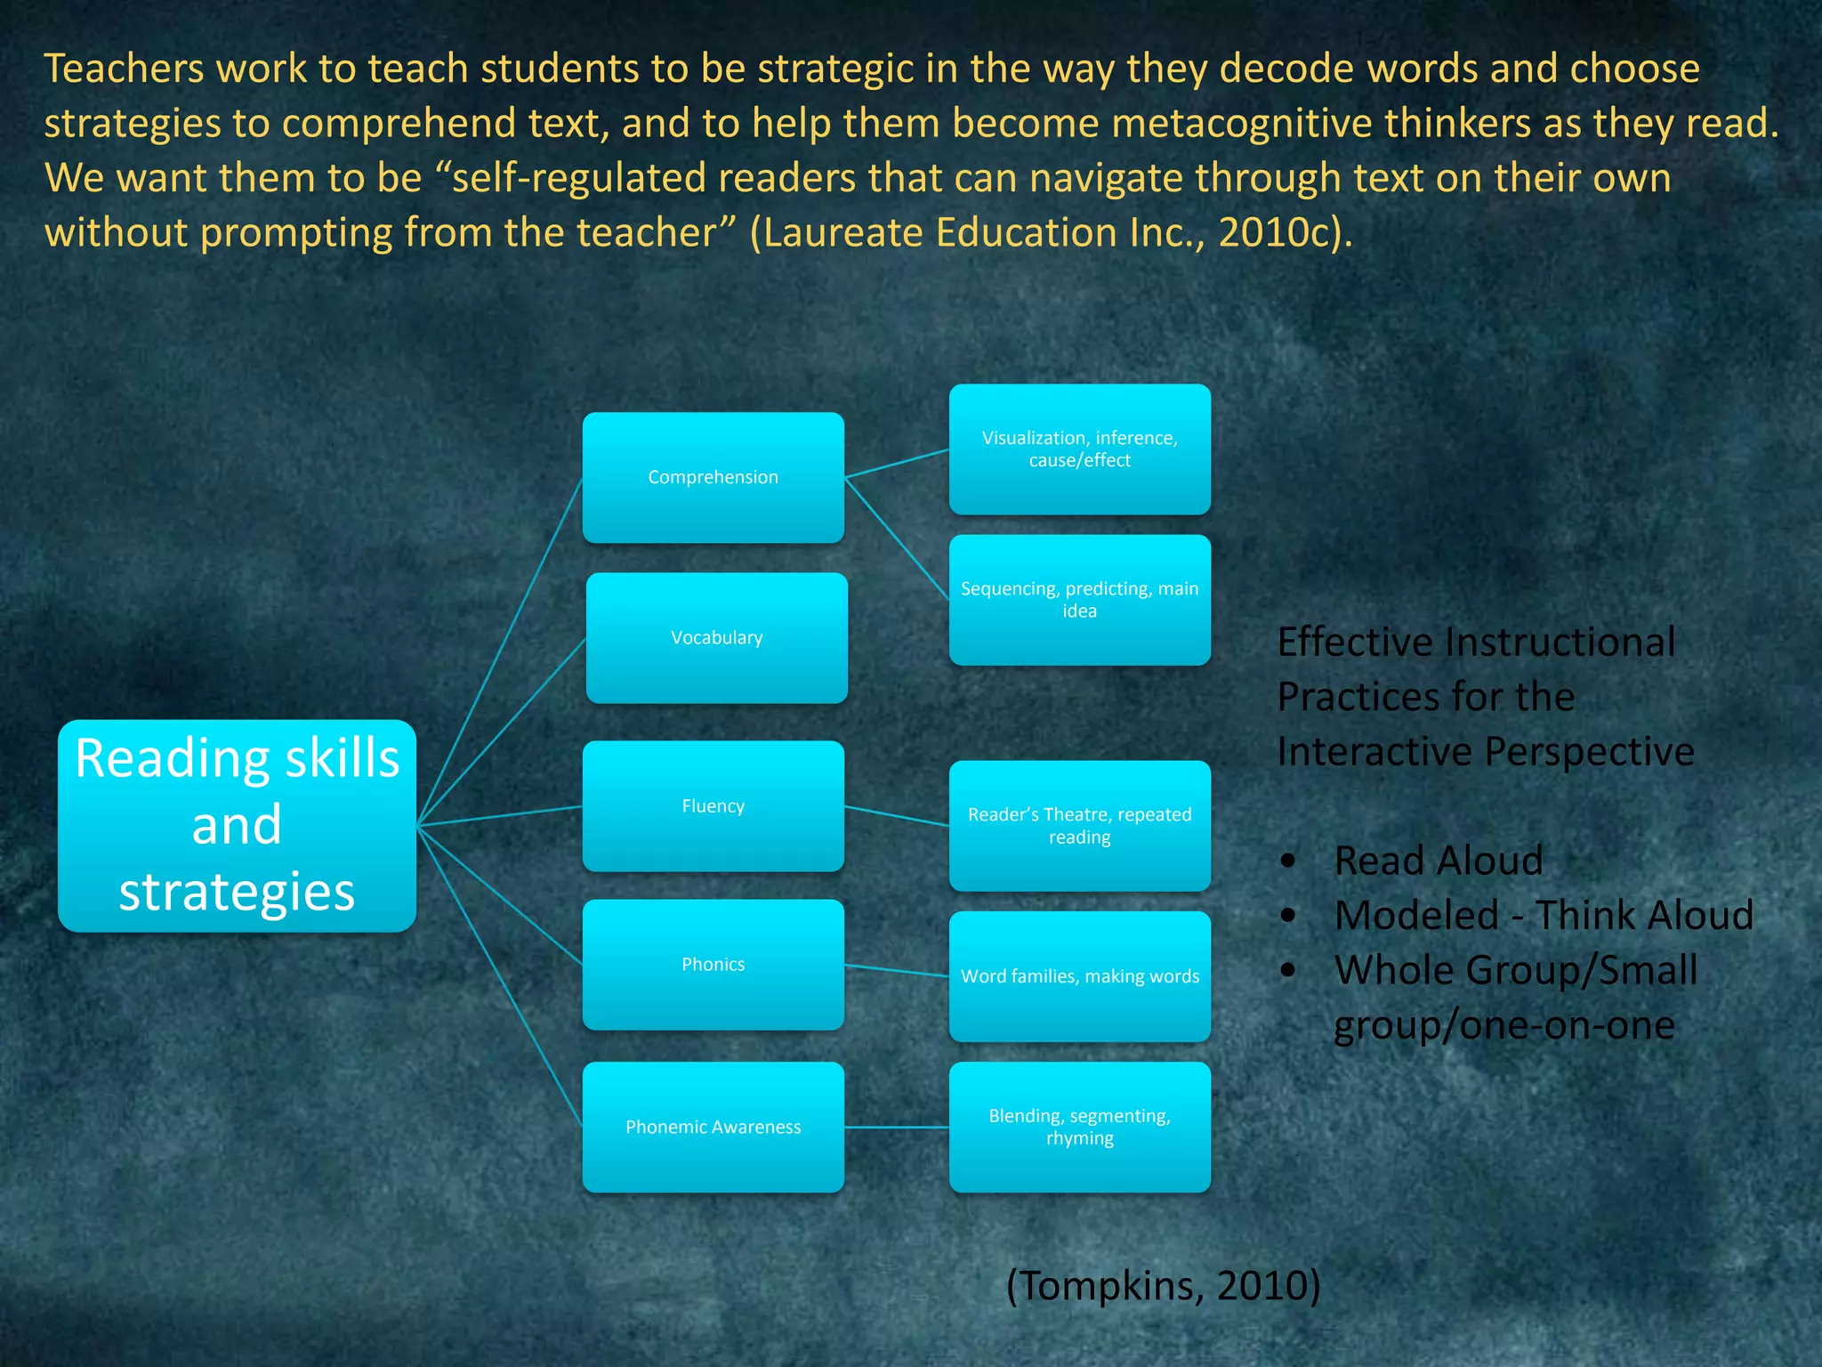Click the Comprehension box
click(713, 478)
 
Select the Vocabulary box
click(716, 638)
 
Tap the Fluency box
click(713, 806)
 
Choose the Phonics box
click(713, 965)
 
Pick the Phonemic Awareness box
click(713, 1127)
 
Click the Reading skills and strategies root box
click(237, 826)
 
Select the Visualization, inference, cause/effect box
click(1079, 449)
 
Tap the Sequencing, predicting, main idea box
click(1079, 600)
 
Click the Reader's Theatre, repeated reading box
click(1079, 826)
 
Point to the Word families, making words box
click(1079, 976)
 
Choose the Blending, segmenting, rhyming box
click(1079, 1127)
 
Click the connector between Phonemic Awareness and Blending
click(897, 1127)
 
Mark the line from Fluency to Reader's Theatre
click(897, 816)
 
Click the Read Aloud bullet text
click(1439, 861)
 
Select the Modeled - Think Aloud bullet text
click(1544, 915)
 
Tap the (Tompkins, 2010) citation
click(1163, 1285)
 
